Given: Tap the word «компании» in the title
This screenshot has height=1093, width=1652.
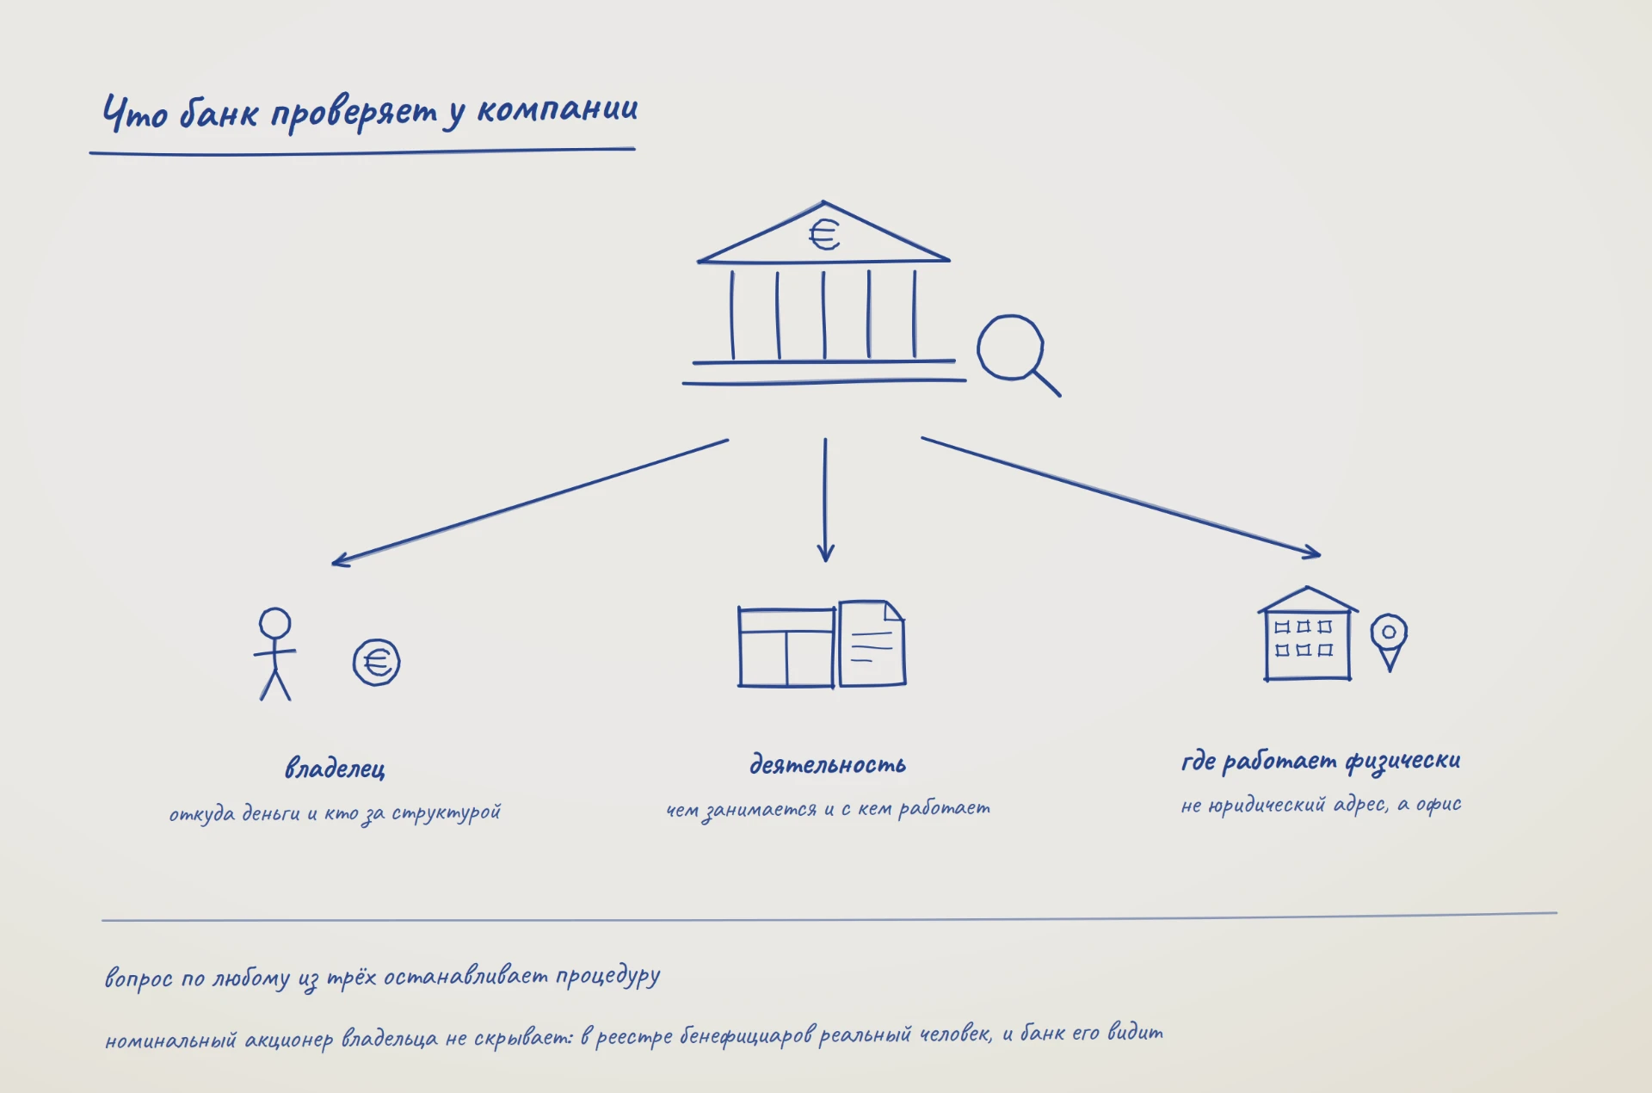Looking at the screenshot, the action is click(558, 109).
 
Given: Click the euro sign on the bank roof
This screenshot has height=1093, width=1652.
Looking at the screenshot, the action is click(824, 233).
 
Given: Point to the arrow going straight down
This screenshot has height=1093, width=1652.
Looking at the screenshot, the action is click(825, 499).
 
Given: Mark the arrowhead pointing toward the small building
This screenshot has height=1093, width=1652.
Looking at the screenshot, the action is click(1311, 552).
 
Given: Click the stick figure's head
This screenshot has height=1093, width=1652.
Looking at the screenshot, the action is click(275, 623).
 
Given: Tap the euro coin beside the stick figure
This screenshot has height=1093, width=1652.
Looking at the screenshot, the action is click(377, 663).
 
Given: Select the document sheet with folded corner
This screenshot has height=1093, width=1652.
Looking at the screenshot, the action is click(872, 644).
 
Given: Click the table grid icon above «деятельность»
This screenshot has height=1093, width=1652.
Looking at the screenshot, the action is click(786, 647).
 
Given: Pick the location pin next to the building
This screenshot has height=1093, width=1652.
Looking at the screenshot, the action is click(1389, 641).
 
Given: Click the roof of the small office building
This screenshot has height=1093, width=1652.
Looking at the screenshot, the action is click(1308, 600).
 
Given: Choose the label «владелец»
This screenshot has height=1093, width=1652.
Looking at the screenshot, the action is click(335, 768).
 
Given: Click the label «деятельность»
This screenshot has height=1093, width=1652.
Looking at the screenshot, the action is click(828, 764).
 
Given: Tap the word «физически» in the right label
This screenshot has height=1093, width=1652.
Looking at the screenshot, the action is click(1403, 761).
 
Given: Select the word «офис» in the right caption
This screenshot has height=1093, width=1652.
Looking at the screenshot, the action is click(1439, 805).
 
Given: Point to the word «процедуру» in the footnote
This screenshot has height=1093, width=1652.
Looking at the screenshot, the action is click(608, 977).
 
